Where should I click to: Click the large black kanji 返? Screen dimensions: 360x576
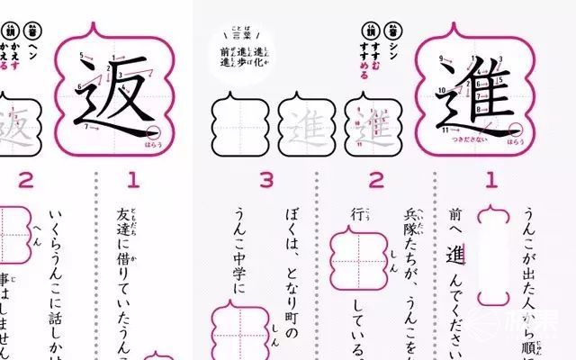[x=113, y=95]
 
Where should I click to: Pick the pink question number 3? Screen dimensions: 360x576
[x=266, y=180]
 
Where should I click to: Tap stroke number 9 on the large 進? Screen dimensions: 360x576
[x=441, y=59]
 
